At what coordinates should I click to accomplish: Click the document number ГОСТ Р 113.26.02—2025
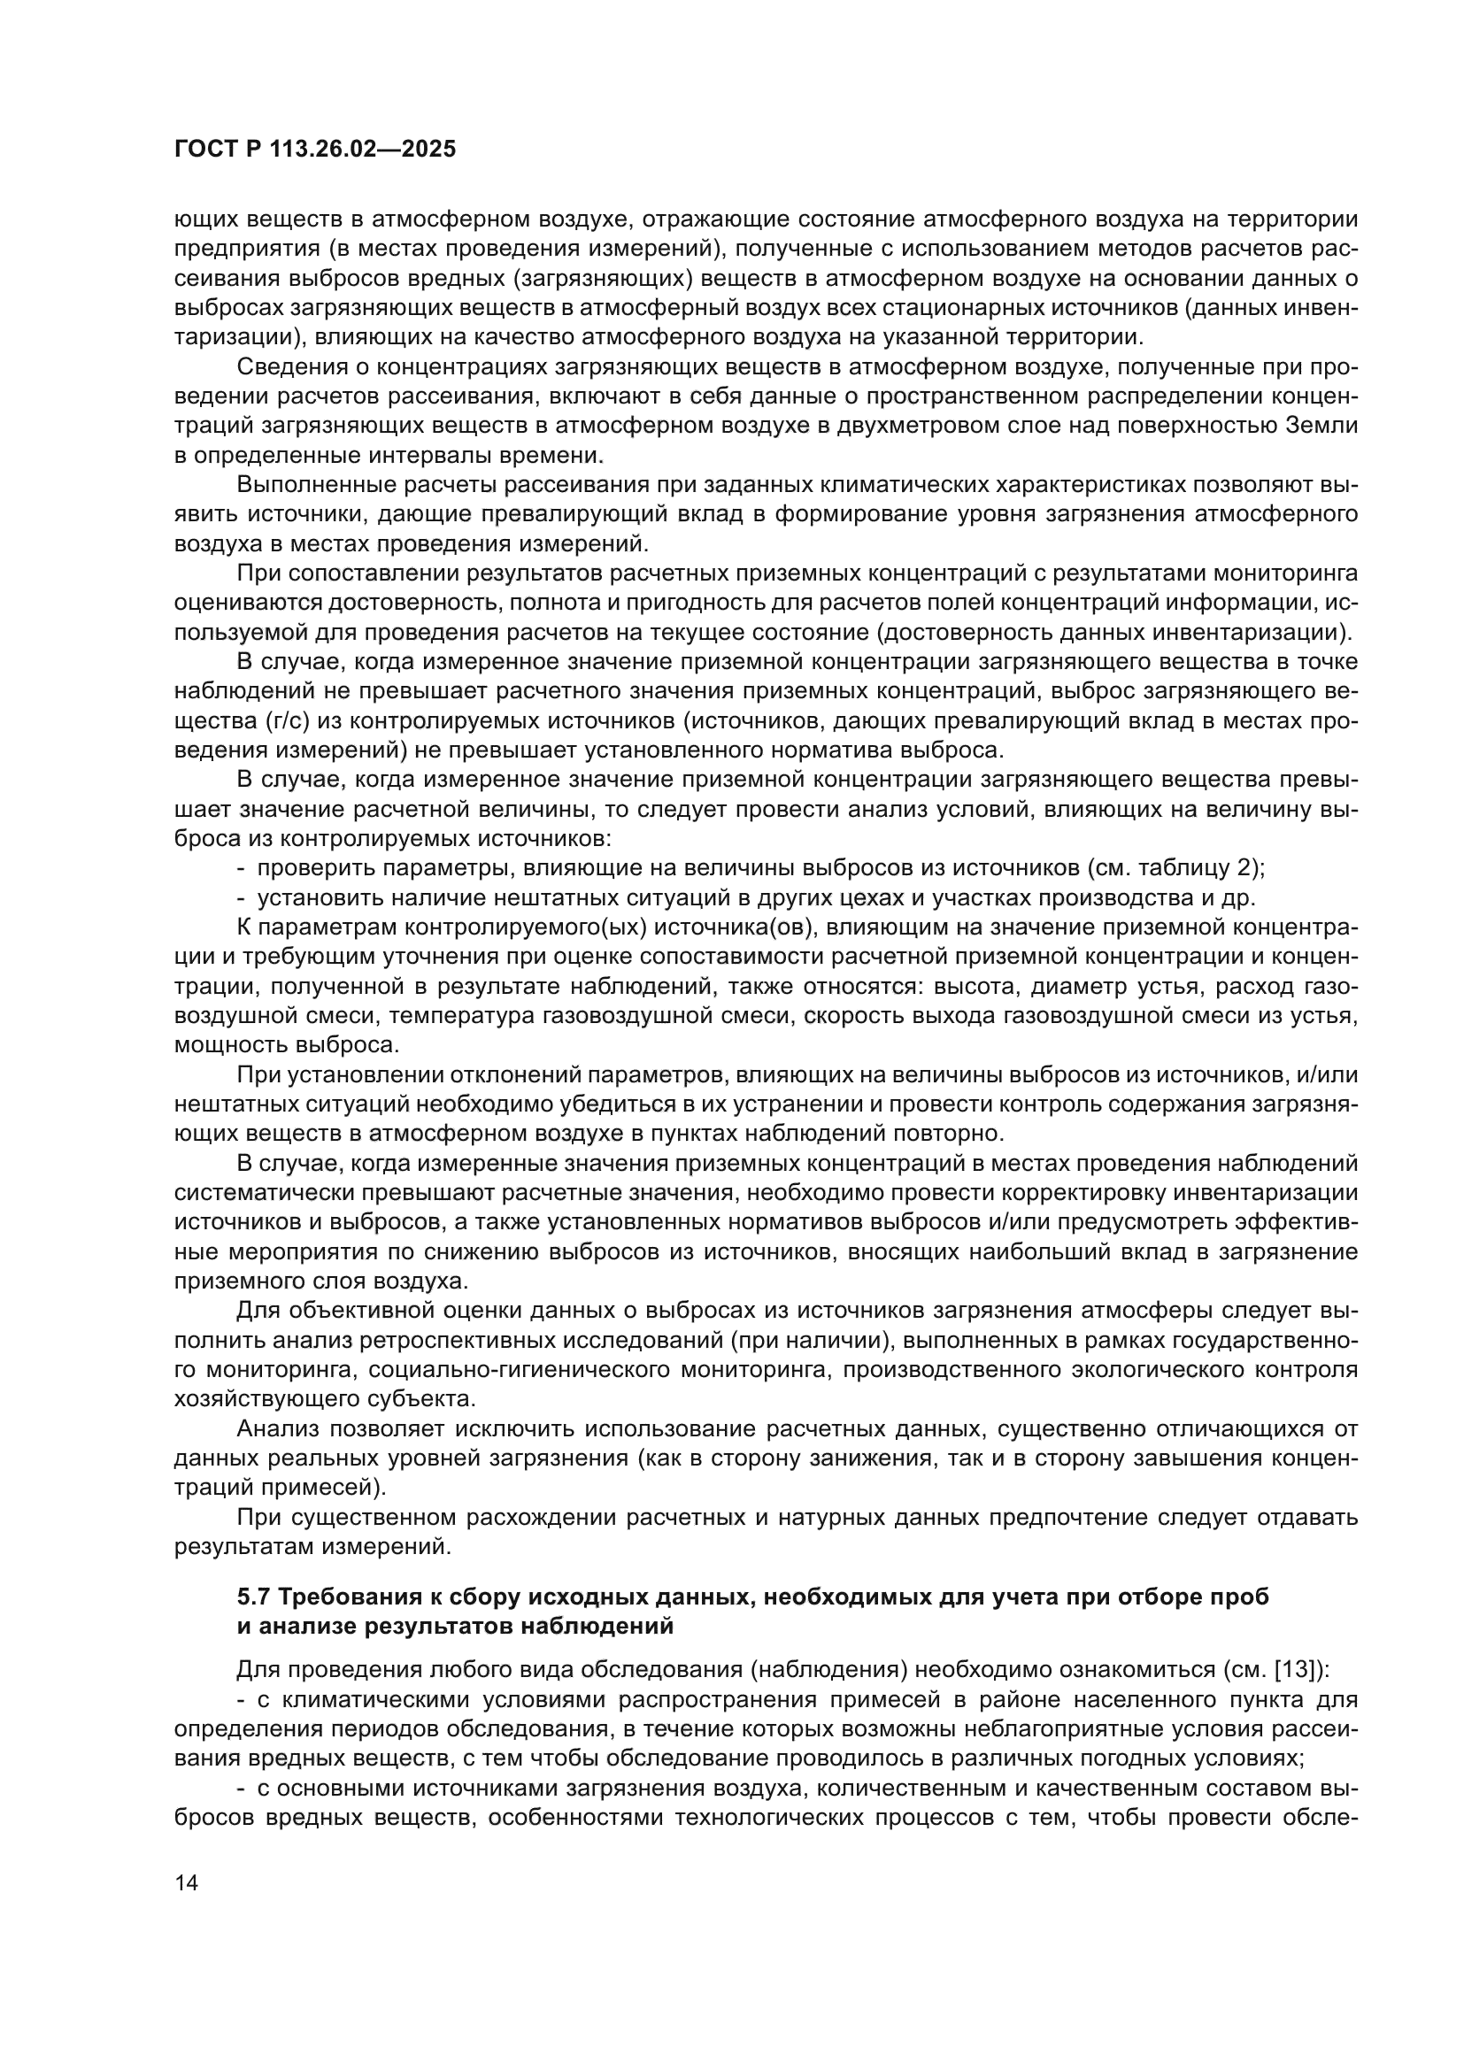point(314,150)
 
